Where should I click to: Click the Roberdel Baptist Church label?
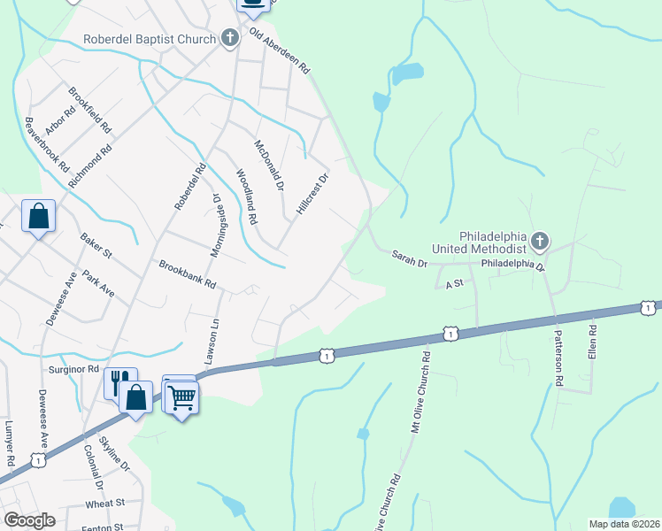tap(149, 39)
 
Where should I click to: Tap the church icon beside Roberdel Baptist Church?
tap(230, 38)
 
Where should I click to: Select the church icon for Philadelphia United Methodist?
tap(540, 241)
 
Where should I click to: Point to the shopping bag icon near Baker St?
tap(39, 215)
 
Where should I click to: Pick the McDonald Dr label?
tap(268, 165)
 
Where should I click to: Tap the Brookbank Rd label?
tap(188, 275)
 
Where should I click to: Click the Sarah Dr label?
tap(410, 258)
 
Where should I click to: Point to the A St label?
tap(455, 283)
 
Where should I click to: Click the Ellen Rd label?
tap(592, 342)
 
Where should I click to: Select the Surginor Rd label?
tap(73, 368)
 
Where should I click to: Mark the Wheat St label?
tap(105, 503)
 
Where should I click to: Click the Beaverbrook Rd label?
tap(47, 144)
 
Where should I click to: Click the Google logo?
tap(29, 520)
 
